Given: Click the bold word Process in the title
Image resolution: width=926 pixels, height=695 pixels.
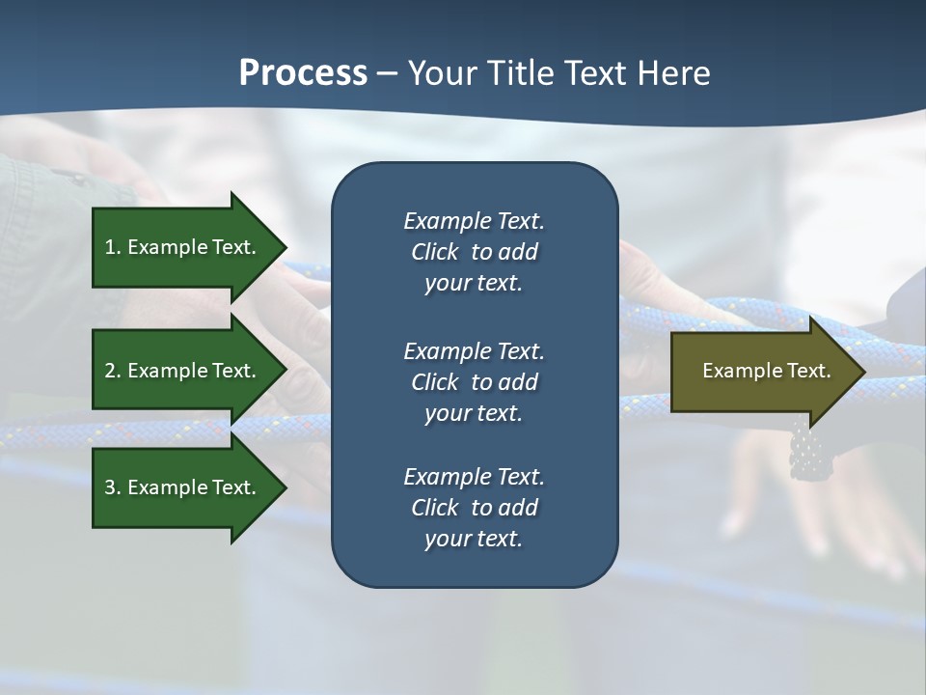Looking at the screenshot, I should coord(303,73).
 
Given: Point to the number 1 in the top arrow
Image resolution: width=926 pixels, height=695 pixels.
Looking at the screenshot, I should coord(110,247).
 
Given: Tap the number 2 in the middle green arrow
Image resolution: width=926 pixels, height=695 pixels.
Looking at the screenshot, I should coord(110,371).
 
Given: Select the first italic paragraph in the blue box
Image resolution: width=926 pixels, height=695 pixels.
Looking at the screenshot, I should coord(474,252).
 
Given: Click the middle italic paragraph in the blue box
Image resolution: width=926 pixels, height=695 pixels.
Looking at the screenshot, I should coord(474,382).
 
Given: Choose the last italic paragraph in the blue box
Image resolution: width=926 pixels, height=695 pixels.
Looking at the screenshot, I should coord(474,508).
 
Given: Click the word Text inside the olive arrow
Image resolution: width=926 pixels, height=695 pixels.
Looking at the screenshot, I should coord(808,371).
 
